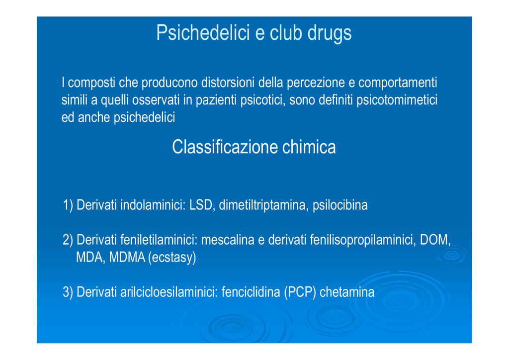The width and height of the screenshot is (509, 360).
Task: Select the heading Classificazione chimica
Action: point(254,147)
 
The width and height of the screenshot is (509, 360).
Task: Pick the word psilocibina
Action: point(340,205)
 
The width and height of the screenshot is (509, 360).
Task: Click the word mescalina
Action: point(228,240)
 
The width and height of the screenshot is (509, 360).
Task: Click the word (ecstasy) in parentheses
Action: point(172,258)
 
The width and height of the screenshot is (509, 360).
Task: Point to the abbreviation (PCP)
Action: point(300,292)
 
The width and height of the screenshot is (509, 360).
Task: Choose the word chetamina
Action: point(346,292)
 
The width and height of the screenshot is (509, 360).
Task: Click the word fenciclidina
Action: point(251,292)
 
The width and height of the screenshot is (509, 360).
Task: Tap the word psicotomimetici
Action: point(397,100)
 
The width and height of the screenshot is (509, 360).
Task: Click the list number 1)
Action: point(68,205)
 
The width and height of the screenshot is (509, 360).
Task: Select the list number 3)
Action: point(68,292)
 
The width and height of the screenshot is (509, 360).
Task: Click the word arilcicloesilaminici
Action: point(169,292)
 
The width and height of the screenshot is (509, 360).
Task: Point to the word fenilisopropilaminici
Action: point(362,240)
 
